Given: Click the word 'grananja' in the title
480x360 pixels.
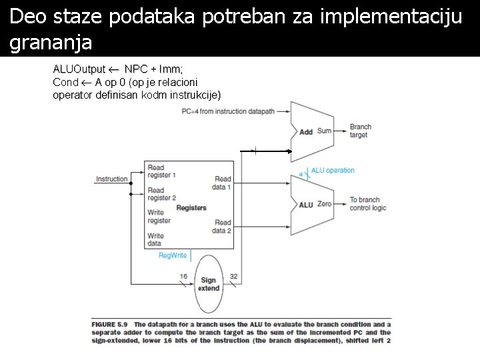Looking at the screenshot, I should (x=51, y=43).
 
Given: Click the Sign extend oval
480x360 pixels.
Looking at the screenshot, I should (x=208, y=285).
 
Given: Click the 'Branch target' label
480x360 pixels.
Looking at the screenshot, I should (x=361, y=131).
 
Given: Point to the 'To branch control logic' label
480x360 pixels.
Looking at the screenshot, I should (x=367, y=203).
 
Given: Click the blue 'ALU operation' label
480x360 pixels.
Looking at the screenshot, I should (x=333, y=171).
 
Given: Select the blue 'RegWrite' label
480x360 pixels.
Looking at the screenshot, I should (x=173, y=255).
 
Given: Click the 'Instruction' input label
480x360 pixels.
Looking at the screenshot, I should (x=111, y=179).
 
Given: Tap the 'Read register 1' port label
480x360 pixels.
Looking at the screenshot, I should (x=161, y=171).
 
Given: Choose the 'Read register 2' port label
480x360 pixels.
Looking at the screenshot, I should (x=161, y=194).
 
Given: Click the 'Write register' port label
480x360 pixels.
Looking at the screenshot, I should (x=159, y=217).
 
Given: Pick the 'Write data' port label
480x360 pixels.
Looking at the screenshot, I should (x=155, y=239).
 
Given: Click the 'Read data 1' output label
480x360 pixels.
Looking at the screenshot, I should (x=223, y=183).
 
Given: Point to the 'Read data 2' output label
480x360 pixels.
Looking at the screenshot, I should (x=223, y=227).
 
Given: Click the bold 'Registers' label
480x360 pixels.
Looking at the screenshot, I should (x=191, y=208).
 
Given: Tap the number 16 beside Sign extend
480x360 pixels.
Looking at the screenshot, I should (x=183, y=277).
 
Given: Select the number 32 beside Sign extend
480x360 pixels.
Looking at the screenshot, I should (x=233, y=277).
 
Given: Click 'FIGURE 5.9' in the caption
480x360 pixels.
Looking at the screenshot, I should (x=110, y=325).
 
